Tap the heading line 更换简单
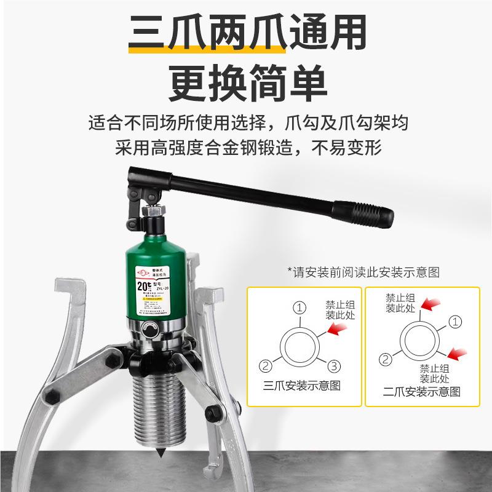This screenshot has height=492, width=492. click(246, 83)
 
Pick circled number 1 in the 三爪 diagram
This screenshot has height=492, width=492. click(299, 307)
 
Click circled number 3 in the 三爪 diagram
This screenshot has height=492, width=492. click(333, 367)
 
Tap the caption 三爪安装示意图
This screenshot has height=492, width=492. click(301, 386)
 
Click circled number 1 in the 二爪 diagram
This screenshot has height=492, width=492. click(455, 321)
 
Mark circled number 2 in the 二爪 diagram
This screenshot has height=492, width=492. click(386, 359)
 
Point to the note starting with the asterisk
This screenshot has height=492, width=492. click(364, 271)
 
